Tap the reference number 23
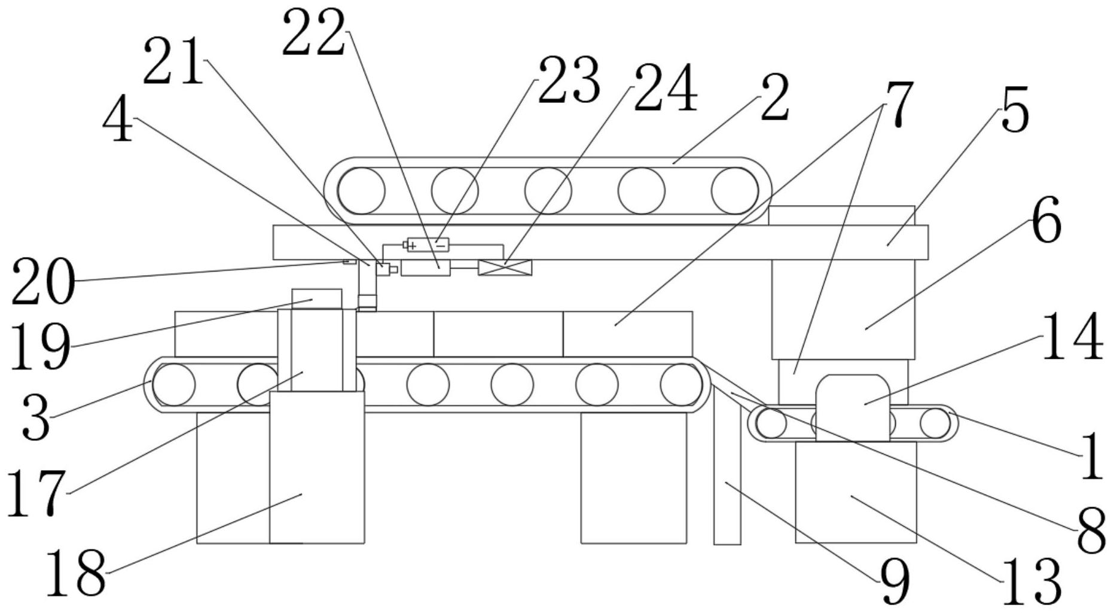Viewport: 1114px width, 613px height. point(569,81)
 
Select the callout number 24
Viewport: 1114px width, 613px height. point(666,89)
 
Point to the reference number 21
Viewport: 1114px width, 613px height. point(173,62)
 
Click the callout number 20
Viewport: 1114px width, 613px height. point(43,282)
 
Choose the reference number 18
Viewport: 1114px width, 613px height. point(75,572)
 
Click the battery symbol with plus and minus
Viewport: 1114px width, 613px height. point(428,244)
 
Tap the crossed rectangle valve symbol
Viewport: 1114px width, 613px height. point(505,267)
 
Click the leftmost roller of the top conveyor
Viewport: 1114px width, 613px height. point(362,191)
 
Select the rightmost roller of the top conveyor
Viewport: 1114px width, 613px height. point(734,191)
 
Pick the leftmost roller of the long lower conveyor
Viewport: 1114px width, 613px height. point(174,384)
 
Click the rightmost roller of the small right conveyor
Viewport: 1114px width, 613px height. point(935,423)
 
